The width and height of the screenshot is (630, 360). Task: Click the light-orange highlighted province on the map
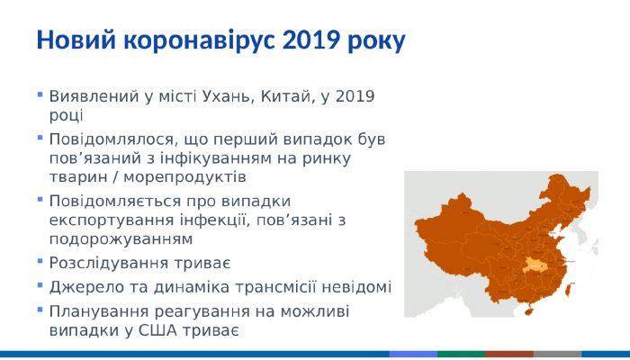pyautogui.click(x=538, y=264)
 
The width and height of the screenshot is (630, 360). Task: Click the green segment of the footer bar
pyautogui.click(x=461, y=355)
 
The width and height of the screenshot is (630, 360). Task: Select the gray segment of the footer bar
pyautogui.click(x=557, y=355)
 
